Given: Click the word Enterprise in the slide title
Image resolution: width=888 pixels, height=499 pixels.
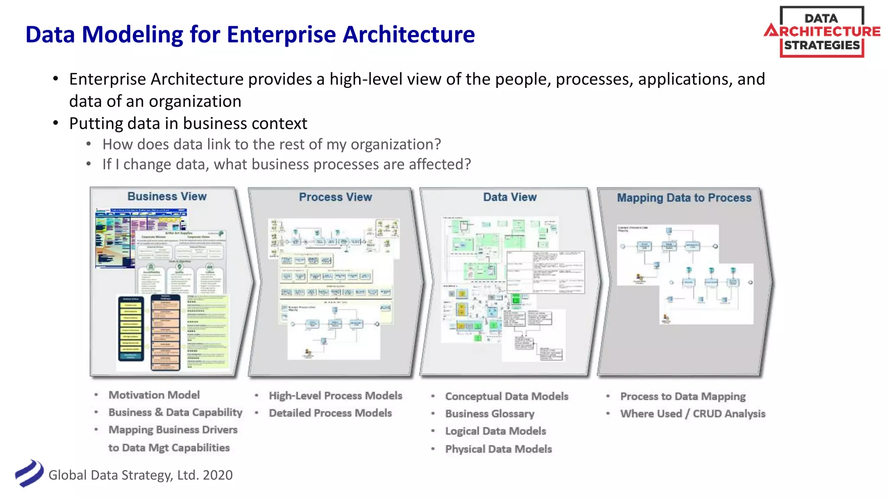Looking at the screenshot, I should pos(281,35).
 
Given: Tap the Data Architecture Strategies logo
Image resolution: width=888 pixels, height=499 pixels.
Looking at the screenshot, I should pos(822,32).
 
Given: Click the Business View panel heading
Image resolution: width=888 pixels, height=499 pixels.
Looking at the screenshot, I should pos(167,196).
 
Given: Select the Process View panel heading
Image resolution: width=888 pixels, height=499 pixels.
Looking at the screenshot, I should pos(335,197).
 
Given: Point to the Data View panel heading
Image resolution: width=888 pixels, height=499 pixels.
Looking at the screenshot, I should pos(510,197).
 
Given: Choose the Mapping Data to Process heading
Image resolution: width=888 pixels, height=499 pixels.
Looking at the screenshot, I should pos(684,198).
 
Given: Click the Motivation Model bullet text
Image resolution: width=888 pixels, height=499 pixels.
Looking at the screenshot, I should pos(154,395).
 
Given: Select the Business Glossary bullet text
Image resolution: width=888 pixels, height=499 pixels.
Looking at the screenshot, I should pos(490,414).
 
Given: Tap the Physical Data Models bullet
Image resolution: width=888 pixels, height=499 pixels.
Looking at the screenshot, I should pos(498,449).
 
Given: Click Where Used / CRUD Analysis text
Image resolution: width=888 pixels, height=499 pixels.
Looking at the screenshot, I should pos(692,414).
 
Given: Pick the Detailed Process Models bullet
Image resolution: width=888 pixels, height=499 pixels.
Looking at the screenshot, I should pos(330,413).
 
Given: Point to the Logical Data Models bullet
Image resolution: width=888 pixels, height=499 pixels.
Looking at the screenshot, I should pos(495,431).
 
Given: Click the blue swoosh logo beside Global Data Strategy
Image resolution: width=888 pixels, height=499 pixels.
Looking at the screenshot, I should pos(29,473).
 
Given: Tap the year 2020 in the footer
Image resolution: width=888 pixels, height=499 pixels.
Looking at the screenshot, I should pos(218,475).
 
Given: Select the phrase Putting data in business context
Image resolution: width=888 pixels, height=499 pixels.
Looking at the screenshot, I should pos(188,123).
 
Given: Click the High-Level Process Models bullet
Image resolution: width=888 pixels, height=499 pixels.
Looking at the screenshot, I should pos(335,395).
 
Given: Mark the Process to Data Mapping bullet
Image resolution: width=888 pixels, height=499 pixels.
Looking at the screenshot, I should pos(682,396).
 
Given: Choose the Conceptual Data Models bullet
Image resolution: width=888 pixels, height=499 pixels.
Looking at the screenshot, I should pos(506,396).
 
